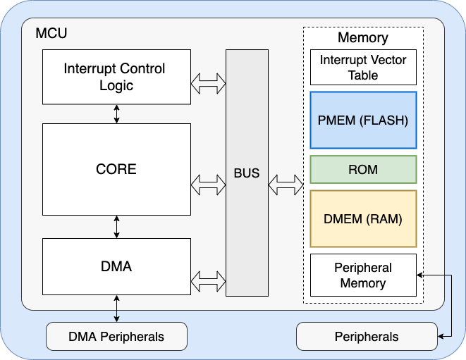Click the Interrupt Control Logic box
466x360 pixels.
pos(116,77)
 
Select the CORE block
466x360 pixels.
pos(116,169)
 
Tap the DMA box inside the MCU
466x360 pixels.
pos(116,266)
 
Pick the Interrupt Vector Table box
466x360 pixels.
pos(363,68)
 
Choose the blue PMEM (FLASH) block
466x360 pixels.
pos(363,120)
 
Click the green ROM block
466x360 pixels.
pos(363,169)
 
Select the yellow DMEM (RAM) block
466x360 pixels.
pos(363,218)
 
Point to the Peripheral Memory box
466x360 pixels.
pos(363,275)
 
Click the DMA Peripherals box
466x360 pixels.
pos(116,336)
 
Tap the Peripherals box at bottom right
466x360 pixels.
pos(367,336)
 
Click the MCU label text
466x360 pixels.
pos(51,33)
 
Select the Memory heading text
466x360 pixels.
pos(363,38)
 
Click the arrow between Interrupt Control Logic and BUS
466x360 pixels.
pos(208,85)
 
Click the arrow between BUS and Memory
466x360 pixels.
pos(286,187)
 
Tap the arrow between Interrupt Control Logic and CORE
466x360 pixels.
pos(116,113)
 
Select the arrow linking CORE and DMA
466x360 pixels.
pos(116,226)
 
